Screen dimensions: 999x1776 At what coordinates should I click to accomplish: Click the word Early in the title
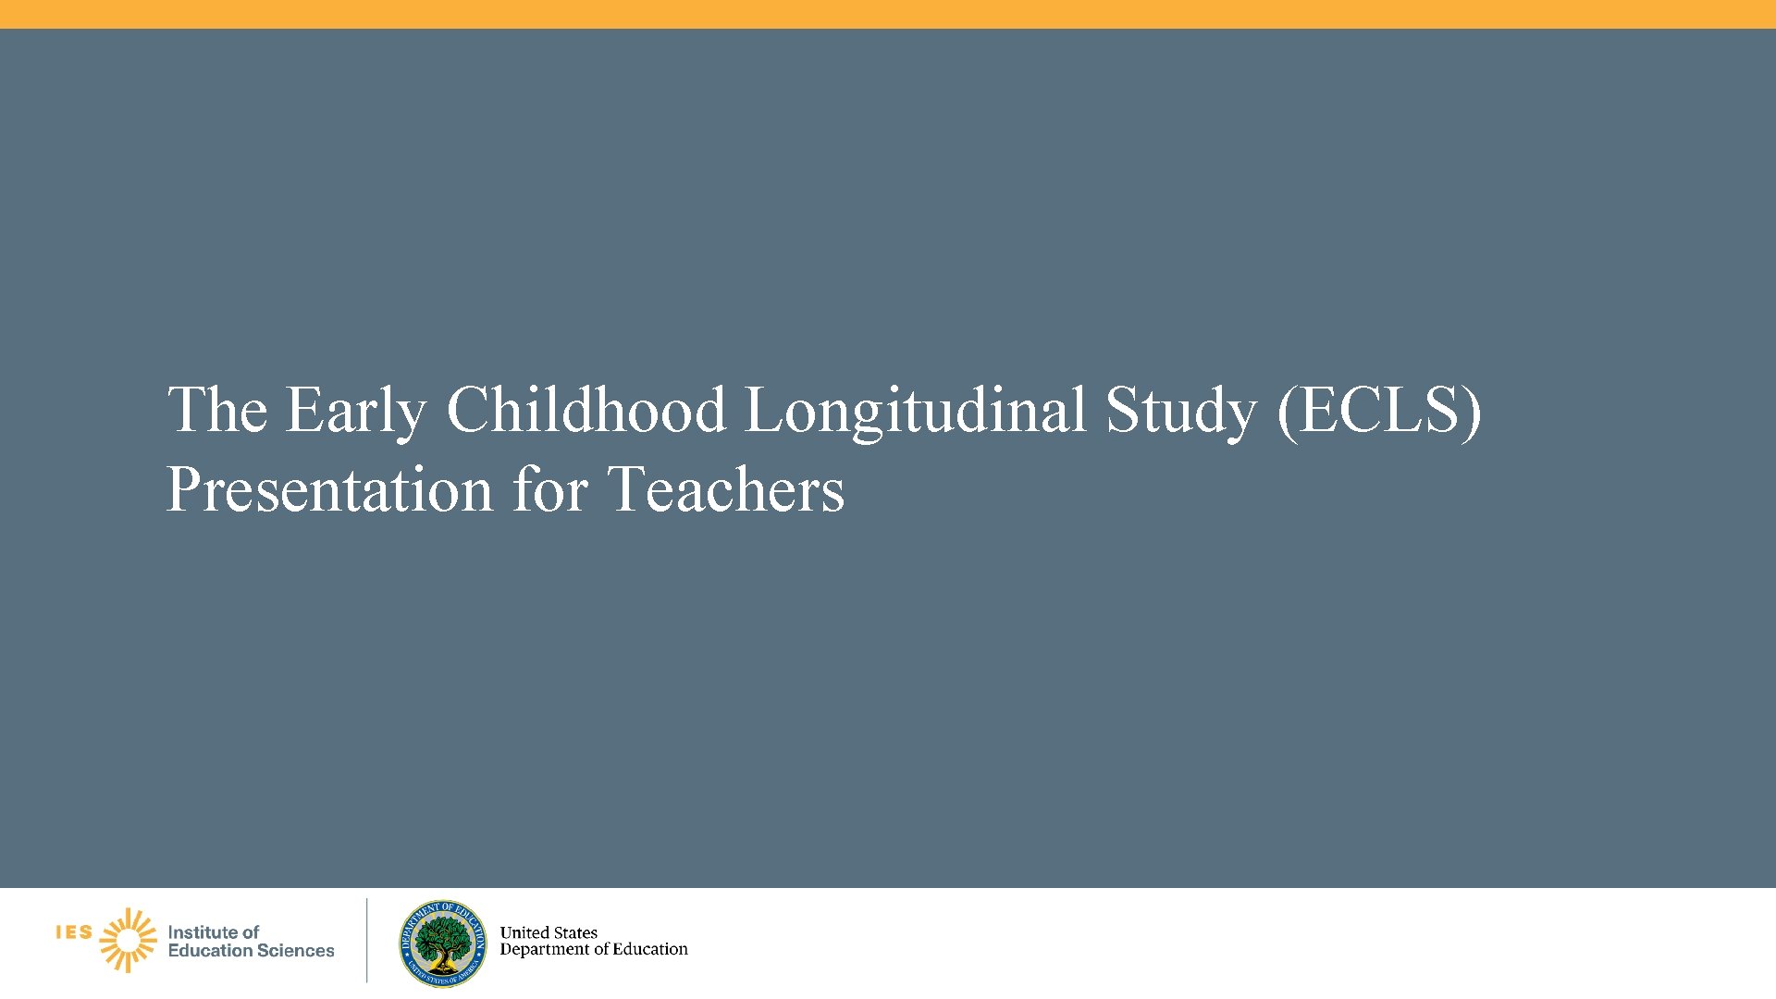coord(355,411)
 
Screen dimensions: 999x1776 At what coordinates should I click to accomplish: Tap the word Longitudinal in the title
coord(915,411)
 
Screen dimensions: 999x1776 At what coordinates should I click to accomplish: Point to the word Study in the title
coord(1181,411)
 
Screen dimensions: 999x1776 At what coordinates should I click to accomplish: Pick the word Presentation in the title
coord(329,489)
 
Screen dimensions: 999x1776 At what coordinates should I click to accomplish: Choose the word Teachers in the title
coord(726,489)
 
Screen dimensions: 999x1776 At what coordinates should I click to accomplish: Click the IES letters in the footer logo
coord(74,932)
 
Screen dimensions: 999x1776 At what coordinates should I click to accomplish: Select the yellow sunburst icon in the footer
coord(129,940)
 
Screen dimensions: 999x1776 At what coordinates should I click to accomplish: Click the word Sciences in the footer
coord(296,951)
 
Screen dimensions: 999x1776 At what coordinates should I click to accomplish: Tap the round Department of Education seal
coord(443,943)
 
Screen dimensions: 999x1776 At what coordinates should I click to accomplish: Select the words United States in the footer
coord(549,932)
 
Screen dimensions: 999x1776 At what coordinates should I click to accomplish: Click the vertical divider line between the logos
coord(367,940)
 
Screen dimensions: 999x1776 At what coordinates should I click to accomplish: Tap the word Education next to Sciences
coord(210,951)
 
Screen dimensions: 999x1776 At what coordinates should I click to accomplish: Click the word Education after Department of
coord(650,950)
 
